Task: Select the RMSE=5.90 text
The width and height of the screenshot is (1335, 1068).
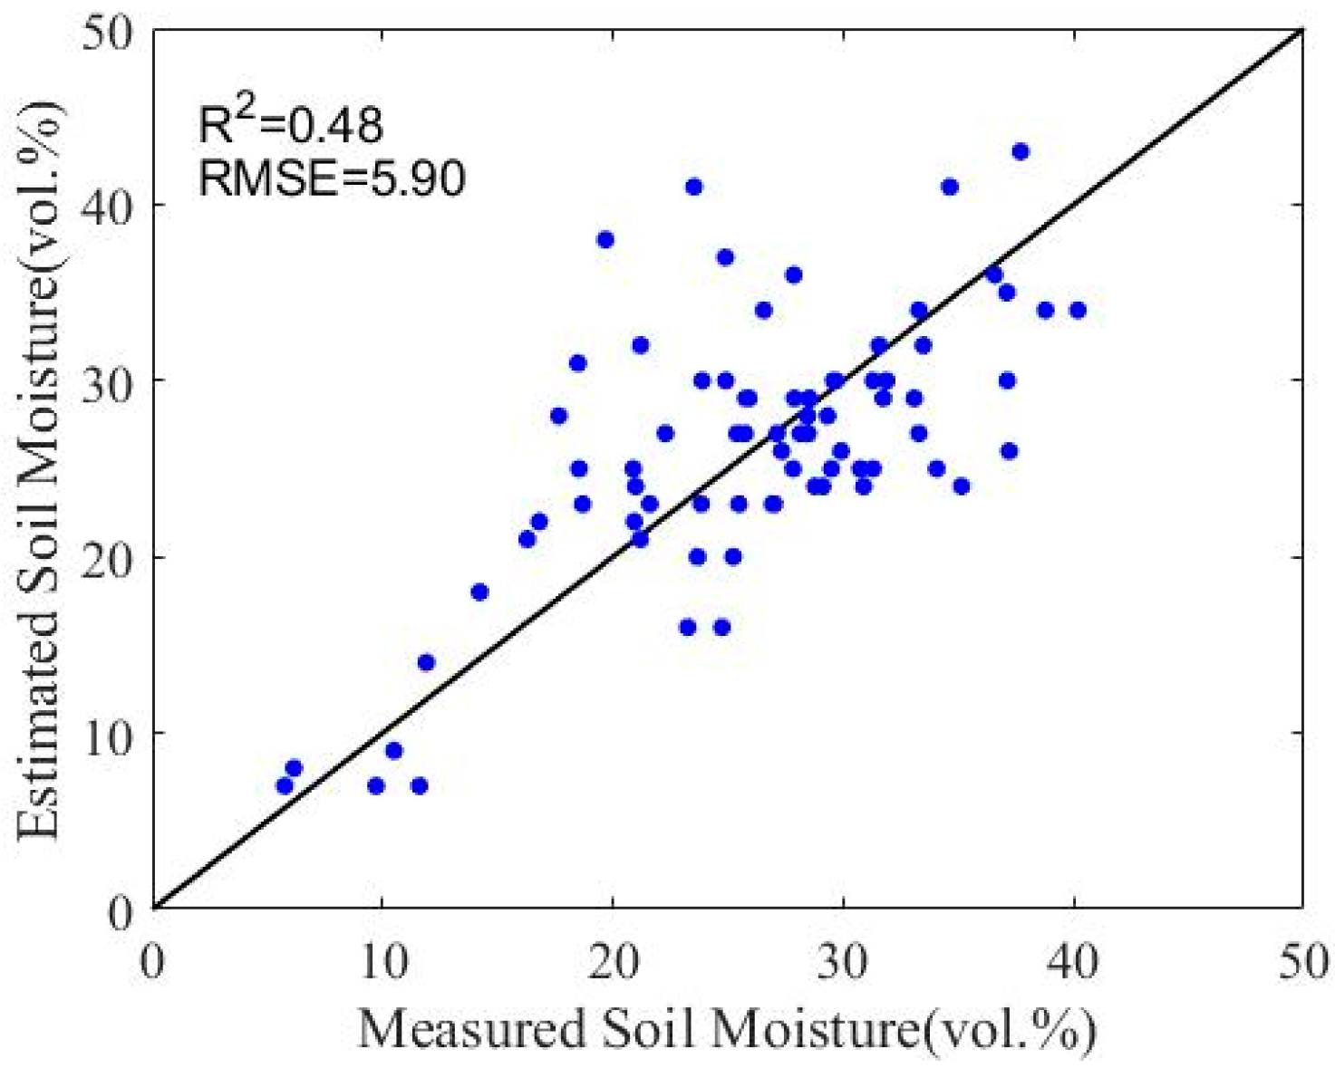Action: pos(332,177)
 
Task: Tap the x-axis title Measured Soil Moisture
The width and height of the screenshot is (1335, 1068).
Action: pos(727,1030)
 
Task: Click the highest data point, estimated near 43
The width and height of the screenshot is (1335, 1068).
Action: pos(1021,152)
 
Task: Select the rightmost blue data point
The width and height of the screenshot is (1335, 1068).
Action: pos(1077,311)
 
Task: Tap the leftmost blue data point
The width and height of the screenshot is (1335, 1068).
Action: pos(285,785)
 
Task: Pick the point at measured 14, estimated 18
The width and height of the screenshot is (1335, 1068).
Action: pos(479,592)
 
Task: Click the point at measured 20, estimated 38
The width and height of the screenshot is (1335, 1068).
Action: pos(605,240)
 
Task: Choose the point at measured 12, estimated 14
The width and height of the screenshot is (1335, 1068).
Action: pos(426,662)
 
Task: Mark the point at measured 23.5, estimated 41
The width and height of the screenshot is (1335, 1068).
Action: pos(694,188)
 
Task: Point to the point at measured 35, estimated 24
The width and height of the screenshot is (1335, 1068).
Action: pos(962,486)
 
